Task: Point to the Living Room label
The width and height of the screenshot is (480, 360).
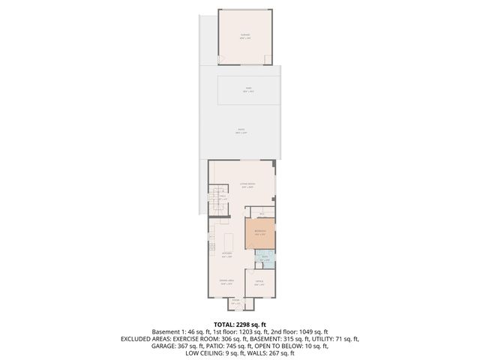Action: [x=247, y=184]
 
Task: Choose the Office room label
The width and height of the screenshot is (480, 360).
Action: [x=259, y=283]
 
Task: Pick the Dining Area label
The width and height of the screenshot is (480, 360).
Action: [x=226, y=282]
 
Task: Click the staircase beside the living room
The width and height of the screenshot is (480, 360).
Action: [x=217, y=201]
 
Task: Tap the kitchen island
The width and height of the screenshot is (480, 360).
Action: [x=229, y=241]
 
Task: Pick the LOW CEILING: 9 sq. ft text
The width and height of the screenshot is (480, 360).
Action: [x=199, y=355]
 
